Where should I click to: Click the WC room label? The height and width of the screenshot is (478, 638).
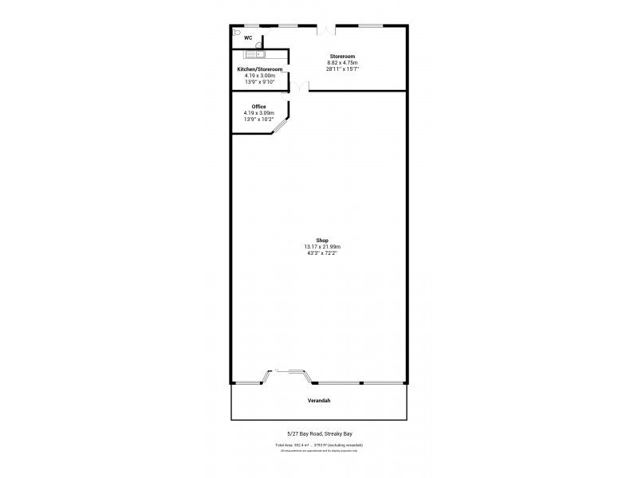(248, 37)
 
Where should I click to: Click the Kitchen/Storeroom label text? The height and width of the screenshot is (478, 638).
(260, 69)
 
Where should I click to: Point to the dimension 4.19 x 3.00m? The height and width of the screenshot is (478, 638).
(260, 76)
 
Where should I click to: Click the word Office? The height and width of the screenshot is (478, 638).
(258, 107)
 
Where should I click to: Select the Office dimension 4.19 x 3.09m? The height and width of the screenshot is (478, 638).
(258, 113)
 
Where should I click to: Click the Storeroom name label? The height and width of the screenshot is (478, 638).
(342, 57)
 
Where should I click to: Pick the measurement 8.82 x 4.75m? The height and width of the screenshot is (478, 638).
(342, 63)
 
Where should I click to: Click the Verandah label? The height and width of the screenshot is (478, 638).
(319, 400)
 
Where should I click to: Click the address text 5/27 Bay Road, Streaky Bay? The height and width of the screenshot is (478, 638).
(319, 434)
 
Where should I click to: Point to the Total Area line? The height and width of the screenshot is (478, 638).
(319, 445)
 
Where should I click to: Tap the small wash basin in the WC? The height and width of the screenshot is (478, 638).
(258, 45)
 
